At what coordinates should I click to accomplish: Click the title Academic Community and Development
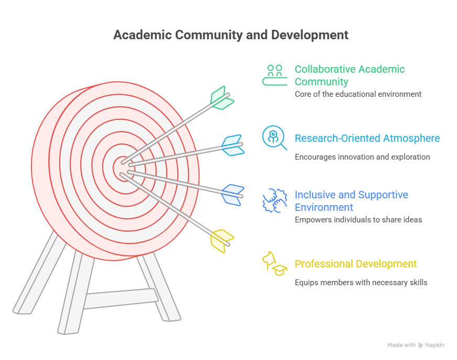coord(231,36)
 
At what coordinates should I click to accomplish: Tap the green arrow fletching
coord(221,98)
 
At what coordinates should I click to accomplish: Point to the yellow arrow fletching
coord(221,241)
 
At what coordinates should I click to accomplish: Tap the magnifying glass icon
coord(274,138)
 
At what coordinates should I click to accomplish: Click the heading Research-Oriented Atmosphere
coord(367,139)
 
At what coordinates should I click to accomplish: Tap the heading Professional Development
coord(355,264)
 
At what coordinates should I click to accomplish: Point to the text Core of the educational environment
coord(358,95)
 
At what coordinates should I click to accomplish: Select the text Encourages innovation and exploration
coord(362,157)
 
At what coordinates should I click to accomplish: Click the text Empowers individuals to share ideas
coord(358,220)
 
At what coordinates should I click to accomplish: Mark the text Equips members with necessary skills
coord(361,283)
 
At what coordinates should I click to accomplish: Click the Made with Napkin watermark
coord(416,345)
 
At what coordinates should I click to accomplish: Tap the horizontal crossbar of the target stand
coord(120,299)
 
